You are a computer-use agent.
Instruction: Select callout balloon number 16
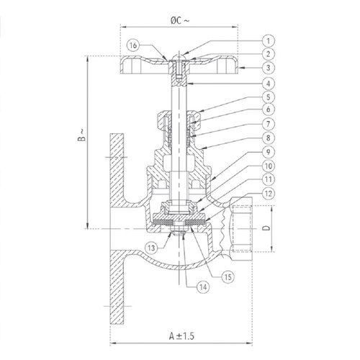[134, 45]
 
